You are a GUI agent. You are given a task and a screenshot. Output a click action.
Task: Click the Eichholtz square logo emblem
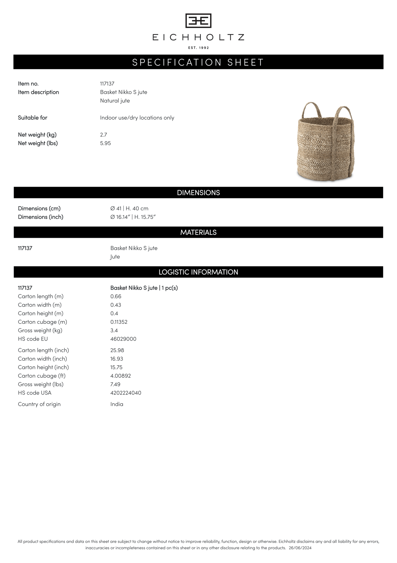click(198, 21)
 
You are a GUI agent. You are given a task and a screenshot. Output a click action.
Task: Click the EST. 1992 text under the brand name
click(198, 48)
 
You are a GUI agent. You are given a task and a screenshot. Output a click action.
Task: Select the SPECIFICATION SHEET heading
click(198, 62)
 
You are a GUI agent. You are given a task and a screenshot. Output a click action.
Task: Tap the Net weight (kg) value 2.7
click(104, 135)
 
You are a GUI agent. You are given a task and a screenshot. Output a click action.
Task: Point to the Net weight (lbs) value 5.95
click(106, 143)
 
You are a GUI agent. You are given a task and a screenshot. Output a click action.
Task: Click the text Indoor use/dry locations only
click(137, 118)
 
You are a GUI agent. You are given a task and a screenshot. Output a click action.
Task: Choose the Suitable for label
click(33, 118)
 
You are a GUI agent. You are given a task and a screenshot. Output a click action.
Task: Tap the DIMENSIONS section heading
click(198, 193)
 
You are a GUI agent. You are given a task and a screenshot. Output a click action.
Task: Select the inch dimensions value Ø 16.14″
click(120, 217)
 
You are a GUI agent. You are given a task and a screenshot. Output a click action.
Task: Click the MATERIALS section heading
click(198, 232)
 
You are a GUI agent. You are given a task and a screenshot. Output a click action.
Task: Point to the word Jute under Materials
click(115, 257)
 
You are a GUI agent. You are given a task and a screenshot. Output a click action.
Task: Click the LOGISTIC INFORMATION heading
click(198, 272)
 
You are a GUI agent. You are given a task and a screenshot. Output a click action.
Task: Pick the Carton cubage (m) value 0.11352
click(119, 322)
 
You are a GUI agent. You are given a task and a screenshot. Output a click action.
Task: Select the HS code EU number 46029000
click(123, 339)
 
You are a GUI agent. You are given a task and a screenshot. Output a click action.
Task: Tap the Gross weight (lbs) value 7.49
click(115, 384)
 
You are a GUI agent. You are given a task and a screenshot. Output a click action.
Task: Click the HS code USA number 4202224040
click(126, 393)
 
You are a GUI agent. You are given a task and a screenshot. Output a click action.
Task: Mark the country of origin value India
click(117, 404)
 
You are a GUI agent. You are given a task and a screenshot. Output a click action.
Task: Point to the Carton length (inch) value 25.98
click(117, 350)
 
